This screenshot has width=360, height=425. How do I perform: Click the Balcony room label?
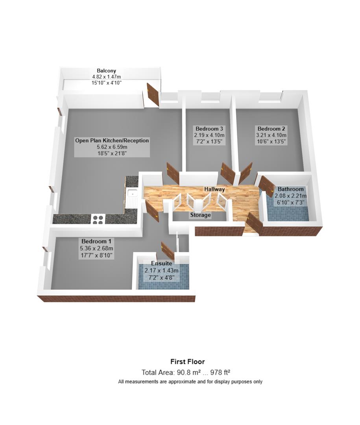107,70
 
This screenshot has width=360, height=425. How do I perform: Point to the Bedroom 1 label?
96,241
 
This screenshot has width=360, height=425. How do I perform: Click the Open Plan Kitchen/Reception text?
112,140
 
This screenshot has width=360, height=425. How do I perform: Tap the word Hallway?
214,189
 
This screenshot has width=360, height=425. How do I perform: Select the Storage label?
201,215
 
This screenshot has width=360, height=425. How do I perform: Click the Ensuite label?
161,264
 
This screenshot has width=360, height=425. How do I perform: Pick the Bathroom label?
291,189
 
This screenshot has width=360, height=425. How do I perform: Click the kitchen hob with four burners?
98,219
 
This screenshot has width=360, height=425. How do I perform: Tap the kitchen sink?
132,193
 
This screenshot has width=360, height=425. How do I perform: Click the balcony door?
152,94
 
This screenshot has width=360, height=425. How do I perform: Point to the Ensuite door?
168,250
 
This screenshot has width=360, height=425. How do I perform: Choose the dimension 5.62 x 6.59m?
112,147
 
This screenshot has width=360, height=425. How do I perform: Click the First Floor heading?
187,362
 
